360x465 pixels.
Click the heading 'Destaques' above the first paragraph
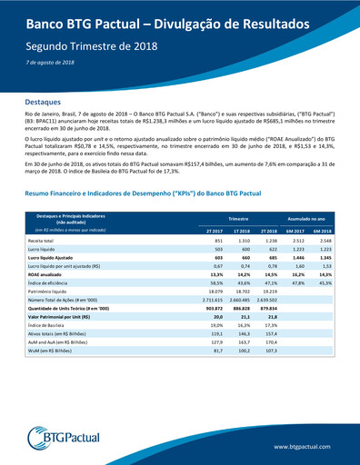pyautogui.click(x=44, y=104)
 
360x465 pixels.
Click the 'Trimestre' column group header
pyautogui.click(x=239, y=219)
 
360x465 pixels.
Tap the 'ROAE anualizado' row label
pyautogui.click(x=45, y=272)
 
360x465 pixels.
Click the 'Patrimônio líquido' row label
pyautogui.click(x=48, y=290)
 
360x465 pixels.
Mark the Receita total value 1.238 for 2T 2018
pyautogui.click(x=268, y=240)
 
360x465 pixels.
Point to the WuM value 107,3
pyautogui.click(x=269, y=350)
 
